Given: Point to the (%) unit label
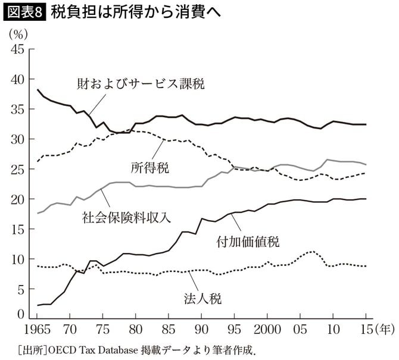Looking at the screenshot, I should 17,34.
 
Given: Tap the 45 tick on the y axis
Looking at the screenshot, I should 17,49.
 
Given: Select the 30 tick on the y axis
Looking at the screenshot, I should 17,139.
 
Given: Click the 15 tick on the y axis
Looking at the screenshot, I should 17,229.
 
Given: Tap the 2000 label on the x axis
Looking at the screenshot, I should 268,329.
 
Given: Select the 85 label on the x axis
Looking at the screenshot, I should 169,329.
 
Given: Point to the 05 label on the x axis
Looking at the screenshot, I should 301,329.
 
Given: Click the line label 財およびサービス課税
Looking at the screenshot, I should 141,84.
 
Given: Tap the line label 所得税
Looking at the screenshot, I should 149,167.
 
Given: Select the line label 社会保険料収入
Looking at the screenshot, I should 127,217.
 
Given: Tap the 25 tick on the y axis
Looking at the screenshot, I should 17,170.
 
